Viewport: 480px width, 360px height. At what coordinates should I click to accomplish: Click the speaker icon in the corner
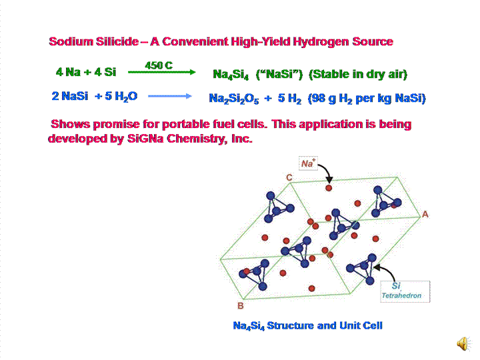[461, 343]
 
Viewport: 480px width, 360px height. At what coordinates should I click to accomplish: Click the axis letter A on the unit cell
[425, 214]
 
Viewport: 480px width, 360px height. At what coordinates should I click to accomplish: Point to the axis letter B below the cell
[240, 306]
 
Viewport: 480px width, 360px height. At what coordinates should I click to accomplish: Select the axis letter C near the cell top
[289, 177]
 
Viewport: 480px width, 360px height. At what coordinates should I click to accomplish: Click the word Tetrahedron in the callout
[401, 295]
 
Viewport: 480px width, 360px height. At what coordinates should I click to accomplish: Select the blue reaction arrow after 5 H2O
[169, 97]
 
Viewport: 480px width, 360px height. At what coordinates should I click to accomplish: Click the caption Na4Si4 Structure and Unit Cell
[307, 326]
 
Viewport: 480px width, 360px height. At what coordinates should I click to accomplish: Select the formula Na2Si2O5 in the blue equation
[233, 99]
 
